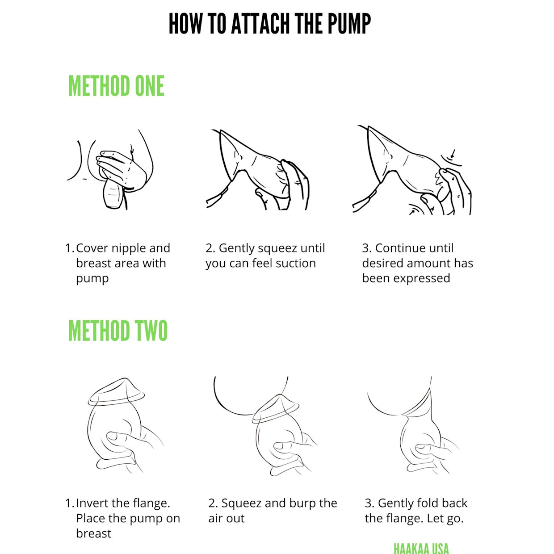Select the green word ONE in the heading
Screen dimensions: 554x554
tap(150, 86)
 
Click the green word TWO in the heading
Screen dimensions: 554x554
tap(151, 331)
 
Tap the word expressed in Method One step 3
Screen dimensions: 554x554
tap(421, 279)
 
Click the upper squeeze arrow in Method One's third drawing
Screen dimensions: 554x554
tap(452, 154)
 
